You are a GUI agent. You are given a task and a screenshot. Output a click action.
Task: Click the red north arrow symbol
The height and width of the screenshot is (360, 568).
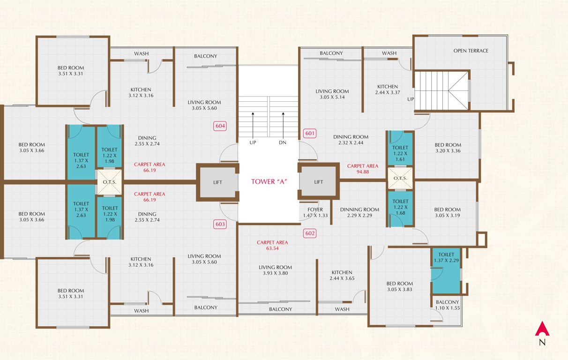[542, 329]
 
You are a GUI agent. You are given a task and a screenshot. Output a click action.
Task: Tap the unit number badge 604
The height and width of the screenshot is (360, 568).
[220, 126]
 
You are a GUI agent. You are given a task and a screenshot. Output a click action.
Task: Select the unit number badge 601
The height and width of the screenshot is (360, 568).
[310, 133]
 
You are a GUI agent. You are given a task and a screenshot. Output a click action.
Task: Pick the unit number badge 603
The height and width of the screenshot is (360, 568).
[220, 224]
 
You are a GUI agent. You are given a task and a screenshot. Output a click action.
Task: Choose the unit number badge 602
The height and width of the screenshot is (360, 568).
[310, 233]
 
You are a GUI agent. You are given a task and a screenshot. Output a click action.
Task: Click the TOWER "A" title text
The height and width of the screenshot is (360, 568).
[269, 182]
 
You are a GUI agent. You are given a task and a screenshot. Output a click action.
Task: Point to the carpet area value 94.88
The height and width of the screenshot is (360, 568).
[362, 172]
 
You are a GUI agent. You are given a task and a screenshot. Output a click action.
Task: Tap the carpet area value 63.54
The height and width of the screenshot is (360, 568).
[272, 248]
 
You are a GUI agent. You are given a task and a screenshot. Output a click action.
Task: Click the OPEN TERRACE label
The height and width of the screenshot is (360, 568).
[471, 51]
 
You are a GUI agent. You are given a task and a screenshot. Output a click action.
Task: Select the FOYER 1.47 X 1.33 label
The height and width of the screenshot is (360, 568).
[315, 212]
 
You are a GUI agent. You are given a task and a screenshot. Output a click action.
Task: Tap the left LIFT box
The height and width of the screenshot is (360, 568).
[217, 182]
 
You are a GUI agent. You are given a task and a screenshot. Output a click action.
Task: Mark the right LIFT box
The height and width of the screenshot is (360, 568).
[319, 182]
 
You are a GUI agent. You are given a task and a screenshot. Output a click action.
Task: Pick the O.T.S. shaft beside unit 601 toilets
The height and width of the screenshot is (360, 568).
[400, 178]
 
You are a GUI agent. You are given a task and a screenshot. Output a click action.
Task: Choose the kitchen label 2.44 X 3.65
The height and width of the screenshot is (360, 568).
[342, 275]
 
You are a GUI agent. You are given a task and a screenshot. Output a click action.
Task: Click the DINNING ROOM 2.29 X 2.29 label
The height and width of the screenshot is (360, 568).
[359, 212]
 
